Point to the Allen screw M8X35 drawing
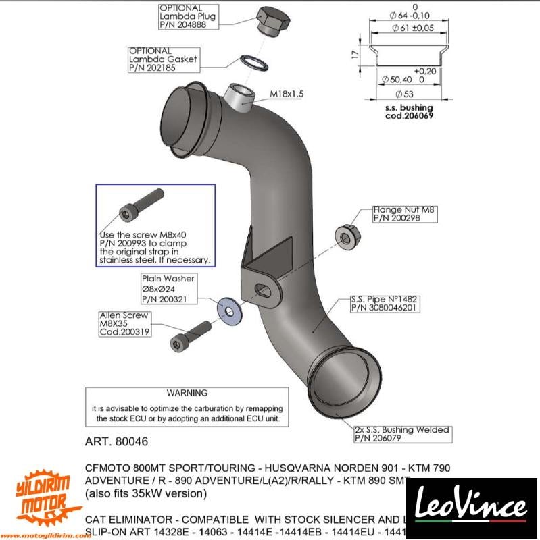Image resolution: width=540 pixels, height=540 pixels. point(190,337)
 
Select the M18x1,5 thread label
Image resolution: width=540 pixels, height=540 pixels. point(287,94)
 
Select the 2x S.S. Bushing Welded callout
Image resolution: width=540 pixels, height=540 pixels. point(402,433)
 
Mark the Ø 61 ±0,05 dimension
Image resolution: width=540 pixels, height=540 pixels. point(413,28)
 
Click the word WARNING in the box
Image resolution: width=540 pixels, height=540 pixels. point(187,393)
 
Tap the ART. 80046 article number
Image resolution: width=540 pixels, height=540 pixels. point(116,442)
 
